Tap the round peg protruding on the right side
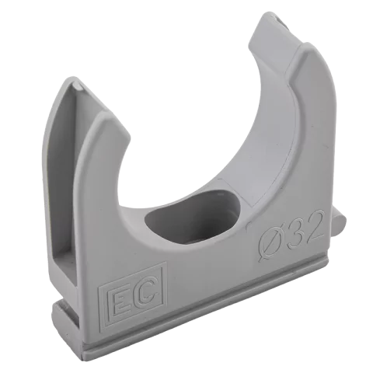pyautogui.click(x=338, y=225)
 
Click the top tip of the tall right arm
pyautogui.click(x=270, y=12)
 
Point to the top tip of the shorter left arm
pyautogui.click(x=71, y=77)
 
